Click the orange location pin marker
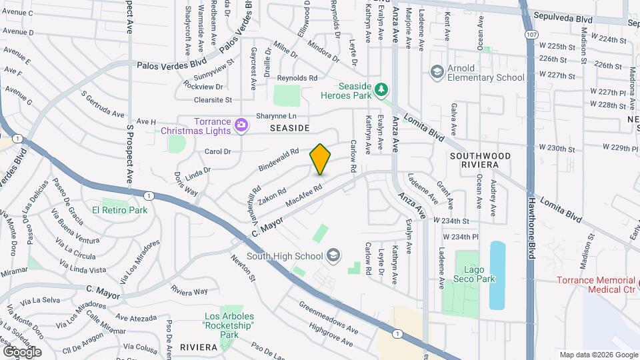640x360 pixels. [x=320, y=159]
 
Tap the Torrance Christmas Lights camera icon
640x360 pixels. [x=241, y=124]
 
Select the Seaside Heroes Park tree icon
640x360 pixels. [x=381, y=88]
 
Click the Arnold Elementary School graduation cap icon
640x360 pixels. [x=437, y=72]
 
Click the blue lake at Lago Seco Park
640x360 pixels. [x=497, y=275]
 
